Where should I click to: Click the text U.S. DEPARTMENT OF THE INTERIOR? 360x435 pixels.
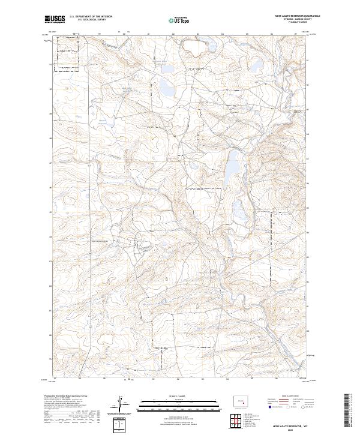(x=91, y=16)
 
